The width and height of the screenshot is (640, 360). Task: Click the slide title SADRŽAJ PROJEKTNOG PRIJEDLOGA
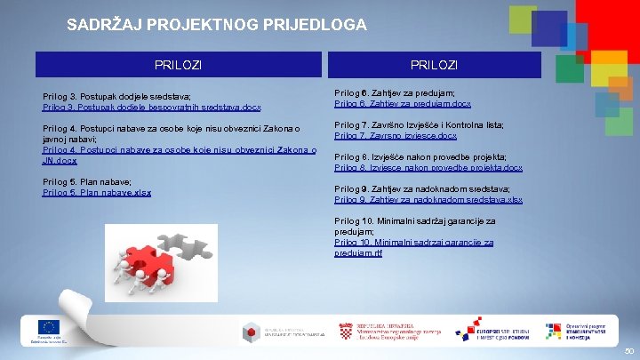(216, 25)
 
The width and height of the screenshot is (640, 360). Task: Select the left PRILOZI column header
(178, 65)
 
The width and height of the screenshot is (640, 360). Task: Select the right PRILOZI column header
(434, 65)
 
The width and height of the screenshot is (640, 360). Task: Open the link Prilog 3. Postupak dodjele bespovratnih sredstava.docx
(152, 107)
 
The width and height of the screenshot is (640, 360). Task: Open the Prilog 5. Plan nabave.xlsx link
(97, 192)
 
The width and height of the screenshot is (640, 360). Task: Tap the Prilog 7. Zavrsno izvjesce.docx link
(396, 135)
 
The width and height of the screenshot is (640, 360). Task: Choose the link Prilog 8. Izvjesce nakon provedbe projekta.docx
(428, 167)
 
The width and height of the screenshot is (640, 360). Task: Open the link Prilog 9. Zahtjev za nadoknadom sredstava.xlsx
(428, 199)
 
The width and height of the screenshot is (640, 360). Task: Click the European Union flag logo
(49, 327)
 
